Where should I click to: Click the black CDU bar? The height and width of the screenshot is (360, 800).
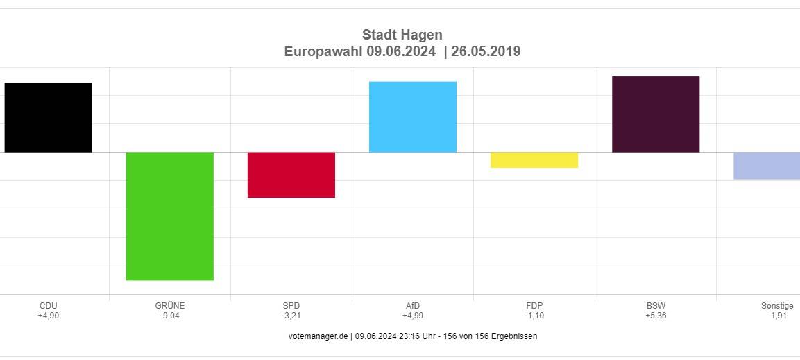coord(48,117)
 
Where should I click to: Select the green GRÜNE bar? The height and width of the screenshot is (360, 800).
coord(169,216)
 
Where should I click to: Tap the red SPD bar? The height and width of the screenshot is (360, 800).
coord(291,175)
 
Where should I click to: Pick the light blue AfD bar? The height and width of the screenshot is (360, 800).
coord(413,117)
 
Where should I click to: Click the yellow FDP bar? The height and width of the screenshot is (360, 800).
coord(534,160)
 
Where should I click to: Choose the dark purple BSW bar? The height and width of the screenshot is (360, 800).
coord(656,114)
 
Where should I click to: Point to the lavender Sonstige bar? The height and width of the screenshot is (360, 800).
coord(767,166)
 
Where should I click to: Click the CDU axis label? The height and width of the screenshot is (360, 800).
coord(49,306)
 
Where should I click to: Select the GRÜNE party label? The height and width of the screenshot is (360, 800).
coord(170,306)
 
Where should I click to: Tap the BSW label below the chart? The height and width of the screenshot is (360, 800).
coord(656,306)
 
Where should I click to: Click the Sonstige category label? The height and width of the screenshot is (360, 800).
coord(777,306)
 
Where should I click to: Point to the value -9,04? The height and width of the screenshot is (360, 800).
coord(170,316)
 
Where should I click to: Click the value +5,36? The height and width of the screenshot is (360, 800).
coord(656,316)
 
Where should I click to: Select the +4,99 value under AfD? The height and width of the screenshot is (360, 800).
coord(413,316)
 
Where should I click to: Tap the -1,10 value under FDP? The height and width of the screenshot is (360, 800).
coord(534,316)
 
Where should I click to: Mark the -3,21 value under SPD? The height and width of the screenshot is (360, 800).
coord(291,316)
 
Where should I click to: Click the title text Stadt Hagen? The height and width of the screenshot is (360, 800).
coord(402,35)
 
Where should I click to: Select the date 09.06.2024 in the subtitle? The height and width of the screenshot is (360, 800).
coord(401,51)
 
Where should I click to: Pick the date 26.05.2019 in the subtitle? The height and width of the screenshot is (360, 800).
coord(486,51)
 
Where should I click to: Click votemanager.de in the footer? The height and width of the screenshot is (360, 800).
coord(318,336)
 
